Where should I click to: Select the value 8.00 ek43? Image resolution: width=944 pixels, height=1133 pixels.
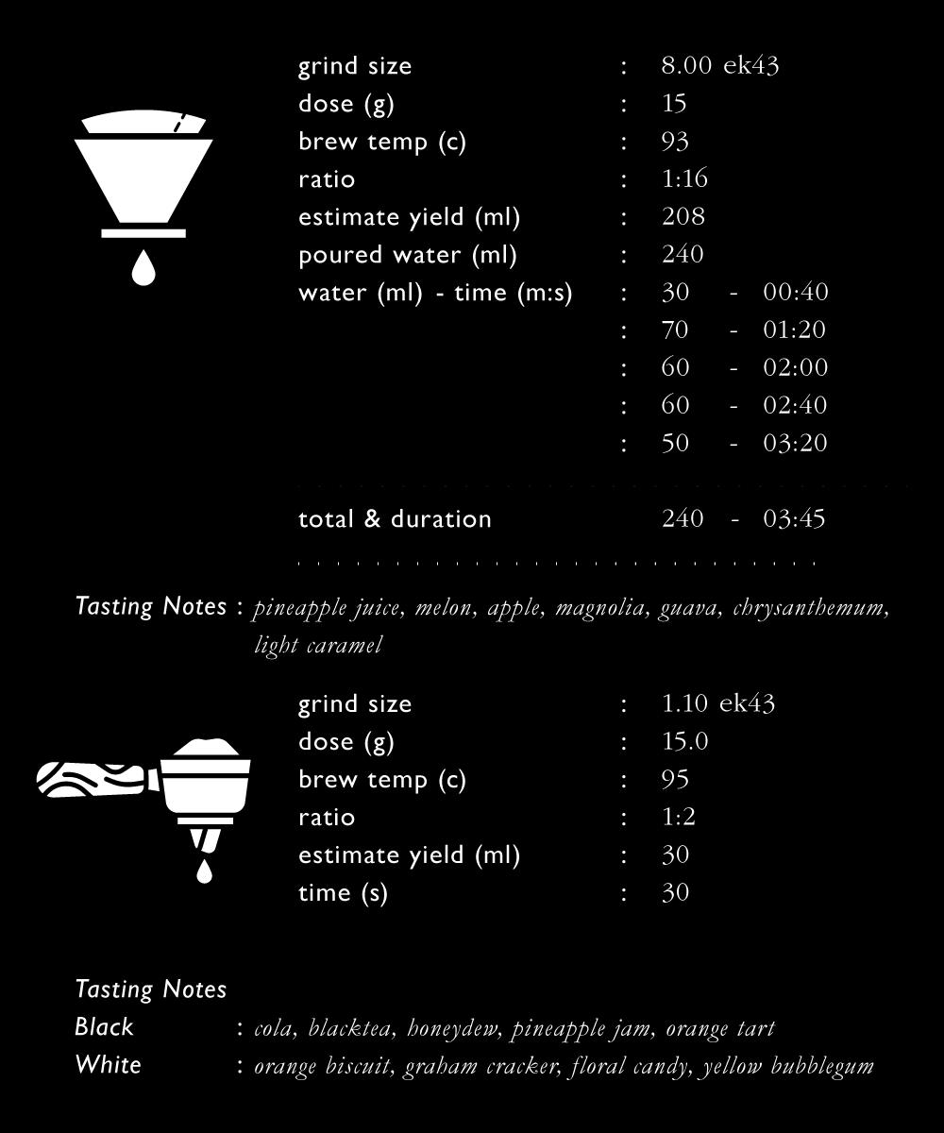point(719,66)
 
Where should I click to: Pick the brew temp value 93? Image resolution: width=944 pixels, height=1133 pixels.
point(675,142)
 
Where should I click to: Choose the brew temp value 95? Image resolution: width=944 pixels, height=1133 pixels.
point(675,780)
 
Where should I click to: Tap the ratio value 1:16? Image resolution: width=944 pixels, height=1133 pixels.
point(684,179)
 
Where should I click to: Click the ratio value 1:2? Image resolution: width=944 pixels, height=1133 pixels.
point(679,818)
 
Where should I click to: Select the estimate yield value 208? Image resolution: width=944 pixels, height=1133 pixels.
point(683,217)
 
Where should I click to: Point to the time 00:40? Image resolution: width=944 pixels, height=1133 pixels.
point(795,293)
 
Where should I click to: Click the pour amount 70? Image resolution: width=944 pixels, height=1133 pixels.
point(675,330)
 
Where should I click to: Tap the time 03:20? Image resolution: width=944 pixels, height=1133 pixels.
point(795,444)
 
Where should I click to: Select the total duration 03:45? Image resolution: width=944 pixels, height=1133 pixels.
point(794,519)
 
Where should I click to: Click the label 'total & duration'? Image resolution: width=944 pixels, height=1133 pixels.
point(395,519)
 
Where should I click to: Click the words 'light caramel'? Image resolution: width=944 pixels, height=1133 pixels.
point(318,646)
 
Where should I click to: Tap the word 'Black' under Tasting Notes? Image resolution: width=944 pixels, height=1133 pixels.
point(104,1027)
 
